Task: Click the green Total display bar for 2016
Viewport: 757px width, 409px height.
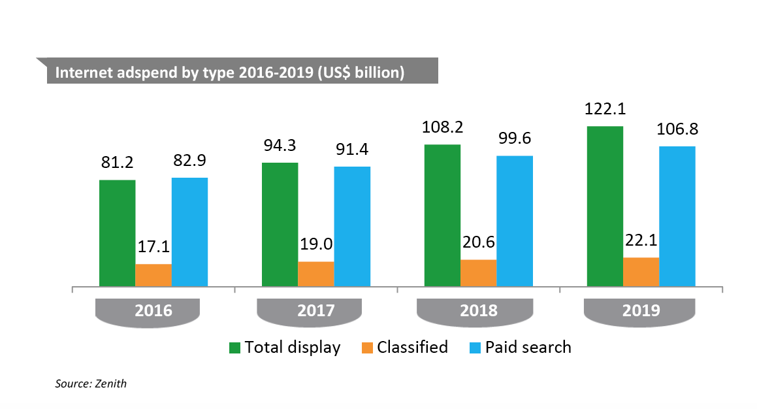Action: pos(117,233)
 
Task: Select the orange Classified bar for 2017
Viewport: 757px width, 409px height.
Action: pos(316,274)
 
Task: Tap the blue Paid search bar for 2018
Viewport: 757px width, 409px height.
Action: pos(515,221)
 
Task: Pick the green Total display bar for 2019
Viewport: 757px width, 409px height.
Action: pos(605,206)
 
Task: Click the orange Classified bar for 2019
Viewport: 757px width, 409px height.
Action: pos(641,272)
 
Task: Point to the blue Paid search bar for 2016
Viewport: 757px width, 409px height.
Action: pos(189,232)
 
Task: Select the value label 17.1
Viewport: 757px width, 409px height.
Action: pos(153,248)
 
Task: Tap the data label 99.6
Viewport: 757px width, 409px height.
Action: pos(515,139)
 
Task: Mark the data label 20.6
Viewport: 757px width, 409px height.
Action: pos(479,243)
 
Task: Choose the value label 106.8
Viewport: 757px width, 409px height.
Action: pos(677,129)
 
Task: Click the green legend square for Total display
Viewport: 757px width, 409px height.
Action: pos(234,348)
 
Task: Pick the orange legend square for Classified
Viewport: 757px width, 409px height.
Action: pos(366,348)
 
